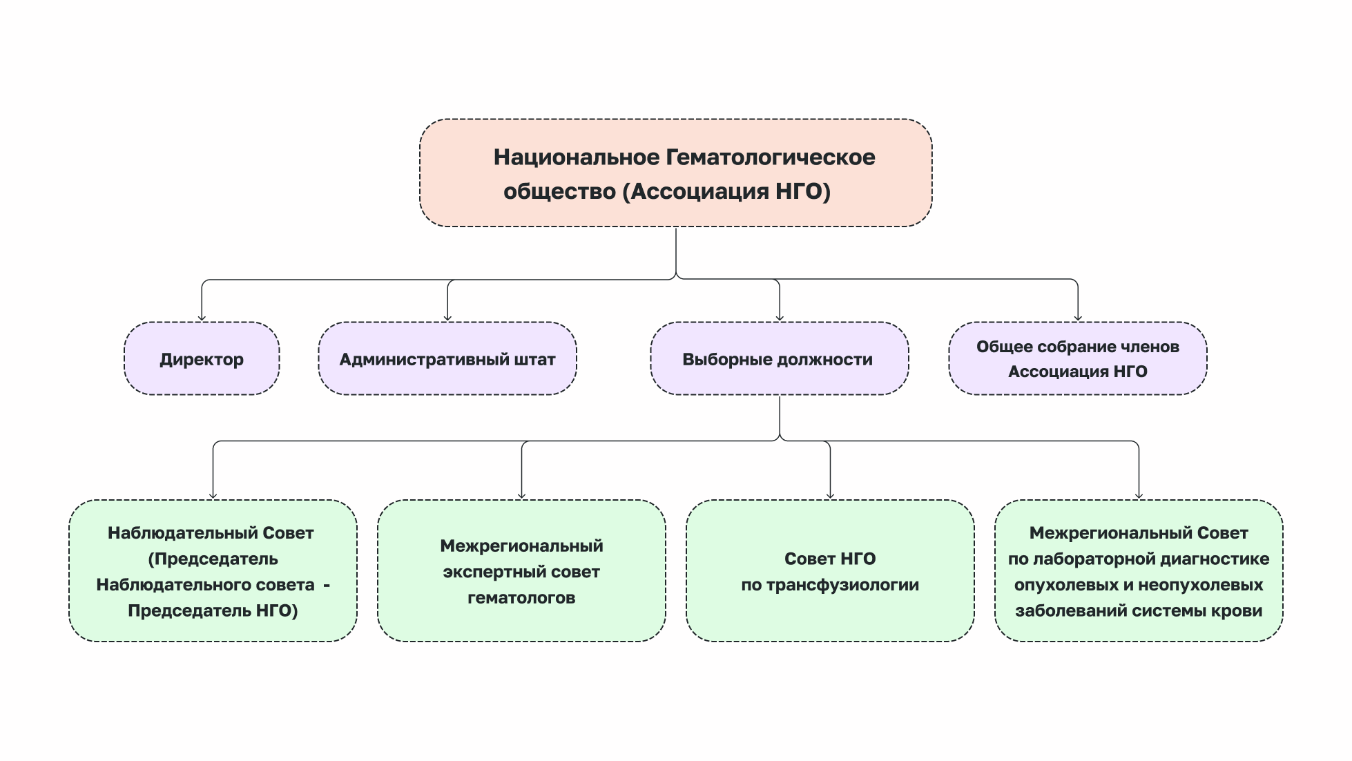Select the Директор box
(202, 359)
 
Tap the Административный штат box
(447, 359)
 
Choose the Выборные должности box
(779, 359)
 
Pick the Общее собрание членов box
(1077, 359)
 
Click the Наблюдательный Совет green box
(213, 571)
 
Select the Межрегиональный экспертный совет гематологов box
(521, 571)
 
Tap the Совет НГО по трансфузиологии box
(830, 571)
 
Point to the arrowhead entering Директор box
(202, 318)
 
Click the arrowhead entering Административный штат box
(447, 318)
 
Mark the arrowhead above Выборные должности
(780, 318)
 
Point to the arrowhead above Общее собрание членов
(1078, 318)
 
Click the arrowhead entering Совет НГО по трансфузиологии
(830, 495)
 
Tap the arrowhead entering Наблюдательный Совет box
(213, 495)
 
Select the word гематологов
(521, 598)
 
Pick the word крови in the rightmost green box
(1240, 611)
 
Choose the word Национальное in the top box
(577, 157)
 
